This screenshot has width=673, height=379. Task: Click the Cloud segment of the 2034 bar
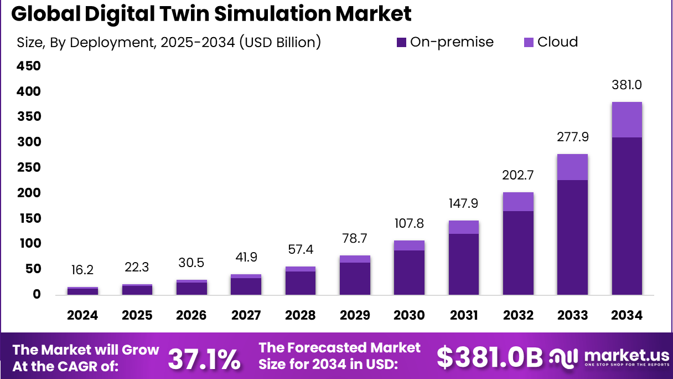pos(627,120)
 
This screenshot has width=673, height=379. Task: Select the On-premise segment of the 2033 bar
pos(572,237)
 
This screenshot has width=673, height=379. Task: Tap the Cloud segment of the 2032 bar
pos(518,202)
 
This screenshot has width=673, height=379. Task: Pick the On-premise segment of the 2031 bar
pos(464,264)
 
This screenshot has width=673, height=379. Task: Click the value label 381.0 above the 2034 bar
pos(627,85)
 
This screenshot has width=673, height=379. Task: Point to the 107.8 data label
pos(409,224)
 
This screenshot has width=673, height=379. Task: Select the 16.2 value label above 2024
pos(82,270)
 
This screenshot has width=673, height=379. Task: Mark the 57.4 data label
pos(301,250)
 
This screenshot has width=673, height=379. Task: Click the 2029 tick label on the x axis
pos(355,315)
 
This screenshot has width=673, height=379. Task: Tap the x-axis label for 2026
pos(191,315)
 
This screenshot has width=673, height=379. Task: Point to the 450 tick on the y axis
pos(30,66)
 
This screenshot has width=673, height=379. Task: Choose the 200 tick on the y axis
pos(30,193)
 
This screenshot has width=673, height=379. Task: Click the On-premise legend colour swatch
pos(401,42)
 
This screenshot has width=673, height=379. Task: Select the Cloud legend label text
pos(557,42)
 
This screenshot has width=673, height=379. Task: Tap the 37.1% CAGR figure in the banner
pos(204,358)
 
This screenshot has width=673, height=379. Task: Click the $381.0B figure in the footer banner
pos(489,357)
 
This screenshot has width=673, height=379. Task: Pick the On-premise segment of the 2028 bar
pos(301,283)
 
